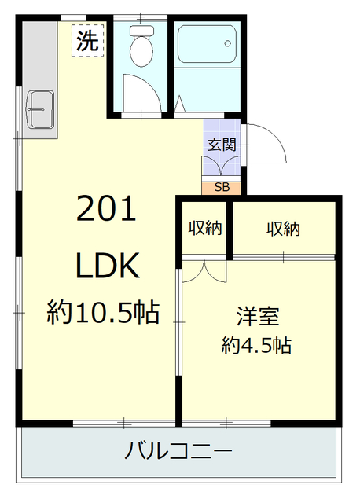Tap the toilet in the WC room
click(x=141, y=50)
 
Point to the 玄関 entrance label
click(x=222, y=145)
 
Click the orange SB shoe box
click(x=222, y=187)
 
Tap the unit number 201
click(x=107, y=210)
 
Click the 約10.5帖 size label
click(x=103, y=314)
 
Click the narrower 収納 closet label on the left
click(x=204, y=229)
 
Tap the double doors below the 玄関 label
click(x=222, y=167)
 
